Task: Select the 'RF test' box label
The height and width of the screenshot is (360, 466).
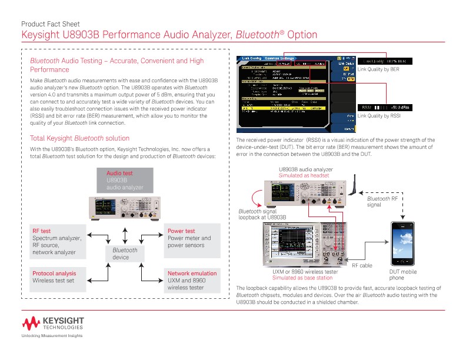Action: [x=41, y=231]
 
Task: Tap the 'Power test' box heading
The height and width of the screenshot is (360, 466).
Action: [x=181, y=231]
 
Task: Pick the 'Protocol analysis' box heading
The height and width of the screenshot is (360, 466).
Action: [x=54, y=274]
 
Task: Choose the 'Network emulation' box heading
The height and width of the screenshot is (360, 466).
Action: [x=192, y=274]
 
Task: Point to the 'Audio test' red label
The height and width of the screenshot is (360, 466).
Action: [x=119, y=174]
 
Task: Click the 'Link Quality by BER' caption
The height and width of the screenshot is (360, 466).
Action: [x=378, y=69]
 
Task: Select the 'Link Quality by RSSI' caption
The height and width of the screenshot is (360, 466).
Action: [x=379, y=116]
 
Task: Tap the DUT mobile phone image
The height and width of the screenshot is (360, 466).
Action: [x=404, y=244]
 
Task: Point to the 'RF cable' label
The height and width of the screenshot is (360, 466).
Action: [x=362, y=266]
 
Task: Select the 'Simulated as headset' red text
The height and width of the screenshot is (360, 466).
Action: [x=304, y=176]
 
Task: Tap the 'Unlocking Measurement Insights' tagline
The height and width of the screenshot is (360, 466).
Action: [x=52, y=335]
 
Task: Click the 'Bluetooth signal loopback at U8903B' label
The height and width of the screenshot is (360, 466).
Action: [x=262, y=214]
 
